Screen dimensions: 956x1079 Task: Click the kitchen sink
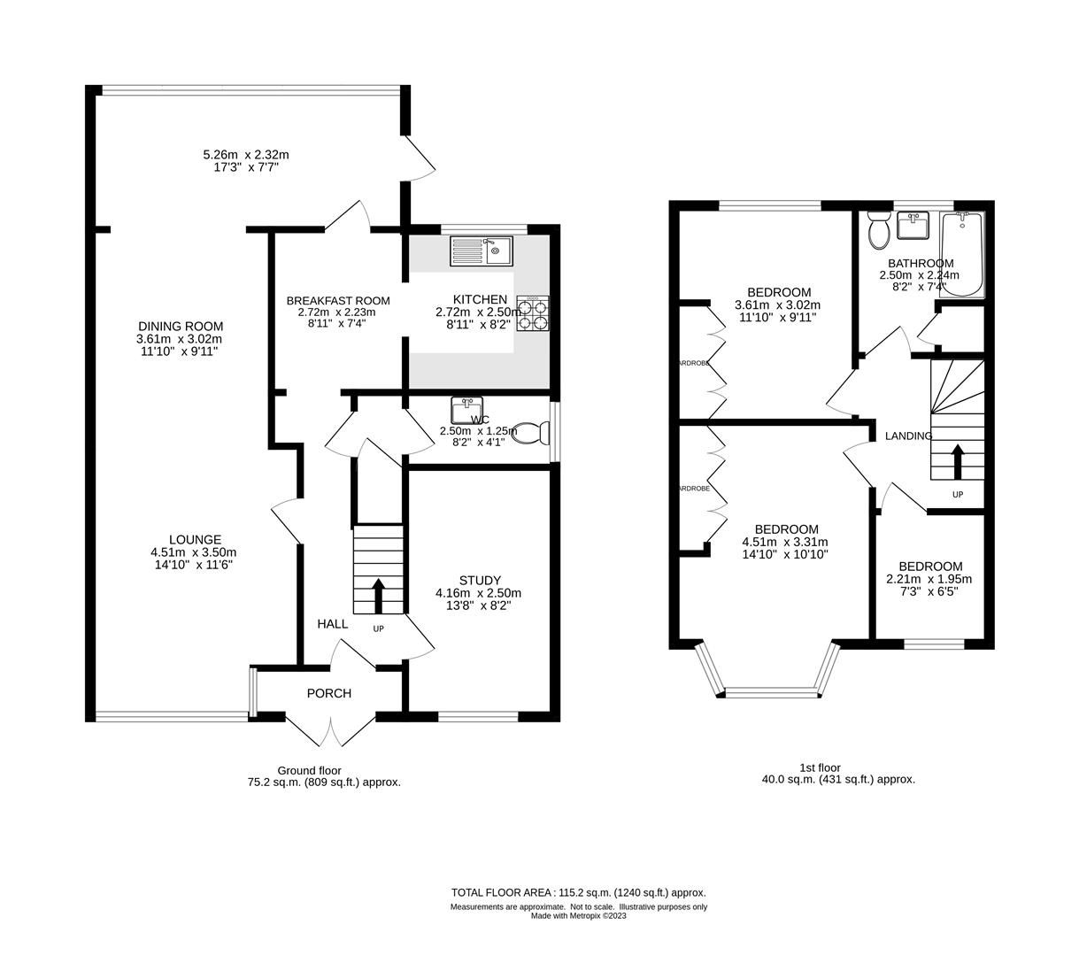482,251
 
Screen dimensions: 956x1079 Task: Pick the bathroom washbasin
913,227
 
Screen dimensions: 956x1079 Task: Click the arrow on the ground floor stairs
378,596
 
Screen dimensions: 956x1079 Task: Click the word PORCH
329,693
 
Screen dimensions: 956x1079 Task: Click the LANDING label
909,436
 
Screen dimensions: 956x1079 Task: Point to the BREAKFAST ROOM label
338,301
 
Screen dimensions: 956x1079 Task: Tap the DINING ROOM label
180,326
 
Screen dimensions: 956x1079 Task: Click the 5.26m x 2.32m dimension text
246,155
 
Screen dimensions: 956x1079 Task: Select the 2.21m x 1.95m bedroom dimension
929,580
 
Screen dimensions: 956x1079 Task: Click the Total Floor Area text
578,892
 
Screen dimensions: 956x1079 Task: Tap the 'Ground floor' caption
309,770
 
